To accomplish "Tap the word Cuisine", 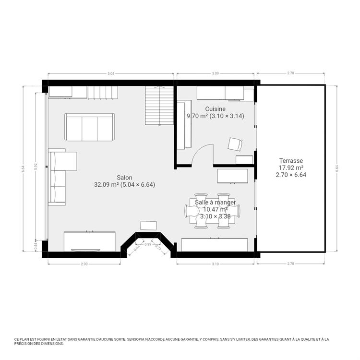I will pyautogui.click(x=215, y=109).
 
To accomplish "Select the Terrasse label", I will pyautogui.click(x=291, y=161).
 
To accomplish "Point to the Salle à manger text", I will pyautogui.click(x=216, y=203).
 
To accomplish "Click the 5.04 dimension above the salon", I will pyautogui.click(x=111, y=73).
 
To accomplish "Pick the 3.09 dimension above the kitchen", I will pyautogui.click(x=216, y=73).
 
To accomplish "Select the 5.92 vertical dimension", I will pyautogui.click(x=35, y=166).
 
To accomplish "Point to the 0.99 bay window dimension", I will pyautogui.click(x=148, y=244).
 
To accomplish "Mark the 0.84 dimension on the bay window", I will pyautogui.click(x=137, y=248).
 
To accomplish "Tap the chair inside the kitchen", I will pyautogui.click(x=235, y=144).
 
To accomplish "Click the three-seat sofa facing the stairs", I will pyautogui.click(x=90, y=127).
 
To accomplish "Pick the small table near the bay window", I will pyautogui.click(x=148, y=225).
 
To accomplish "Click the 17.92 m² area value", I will pyautogui.click(x=291, y=168).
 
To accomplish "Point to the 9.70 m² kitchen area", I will pyautogui.click(x=196, y=116).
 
